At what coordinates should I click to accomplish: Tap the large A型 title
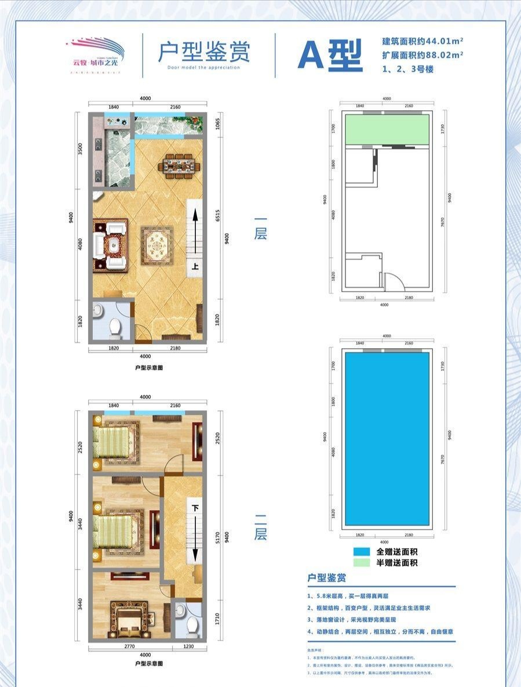coord(330,56)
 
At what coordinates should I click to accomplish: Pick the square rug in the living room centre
coord(156,246)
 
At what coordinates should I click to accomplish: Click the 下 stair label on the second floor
coord(196,508)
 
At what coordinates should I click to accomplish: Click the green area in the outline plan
coord(387,129)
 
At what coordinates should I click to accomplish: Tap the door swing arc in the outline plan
coord(394,282)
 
